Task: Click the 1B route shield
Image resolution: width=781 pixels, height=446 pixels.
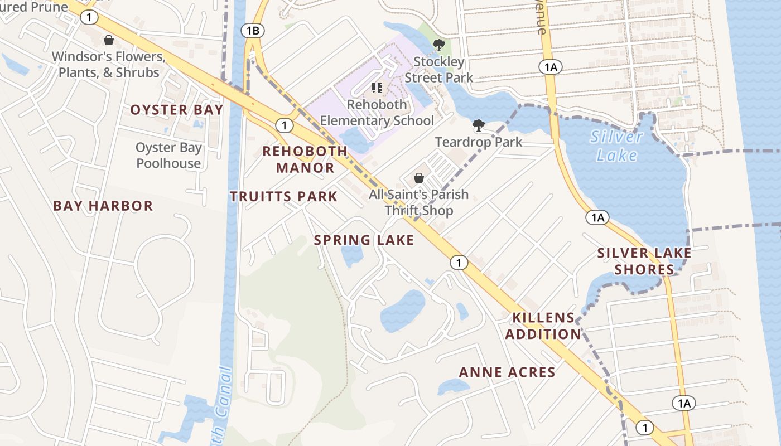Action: coord(252,31)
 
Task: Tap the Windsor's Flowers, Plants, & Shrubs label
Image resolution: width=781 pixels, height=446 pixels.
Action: coord(109,65)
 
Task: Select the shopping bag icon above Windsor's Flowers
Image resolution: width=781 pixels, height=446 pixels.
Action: coord(109,40)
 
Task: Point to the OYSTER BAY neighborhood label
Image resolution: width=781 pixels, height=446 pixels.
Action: coord(177,110)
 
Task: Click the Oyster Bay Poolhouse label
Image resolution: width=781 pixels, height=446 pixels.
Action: coord(168,156)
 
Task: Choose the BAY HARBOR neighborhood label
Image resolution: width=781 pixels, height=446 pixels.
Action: coord(103,206)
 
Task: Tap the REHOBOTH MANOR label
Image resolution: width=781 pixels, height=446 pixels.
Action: coord(305,159)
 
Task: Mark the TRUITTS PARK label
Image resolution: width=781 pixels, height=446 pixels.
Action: coord(284,196)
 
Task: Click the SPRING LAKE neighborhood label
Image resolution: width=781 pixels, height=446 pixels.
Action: coord(364,240)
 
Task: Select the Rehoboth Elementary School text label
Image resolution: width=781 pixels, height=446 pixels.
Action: coord(377,113)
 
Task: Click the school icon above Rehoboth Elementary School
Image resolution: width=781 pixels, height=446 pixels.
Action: coord(377,88)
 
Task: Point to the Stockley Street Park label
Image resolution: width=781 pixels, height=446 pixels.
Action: coord(438,70)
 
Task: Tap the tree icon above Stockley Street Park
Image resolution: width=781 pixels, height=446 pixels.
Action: coord(439,45)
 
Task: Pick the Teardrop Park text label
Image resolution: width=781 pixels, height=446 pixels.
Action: coord(479,142)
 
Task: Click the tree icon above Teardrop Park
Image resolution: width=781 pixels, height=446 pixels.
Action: coord(478,125)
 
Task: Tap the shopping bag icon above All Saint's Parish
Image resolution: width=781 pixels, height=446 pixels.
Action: coord(419,178)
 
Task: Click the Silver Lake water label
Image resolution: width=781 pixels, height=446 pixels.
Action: coord(617,146)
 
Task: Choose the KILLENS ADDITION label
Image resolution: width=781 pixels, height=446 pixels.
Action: coord(543,326)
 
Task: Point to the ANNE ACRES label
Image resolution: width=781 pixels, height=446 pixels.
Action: coord(507,372)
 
